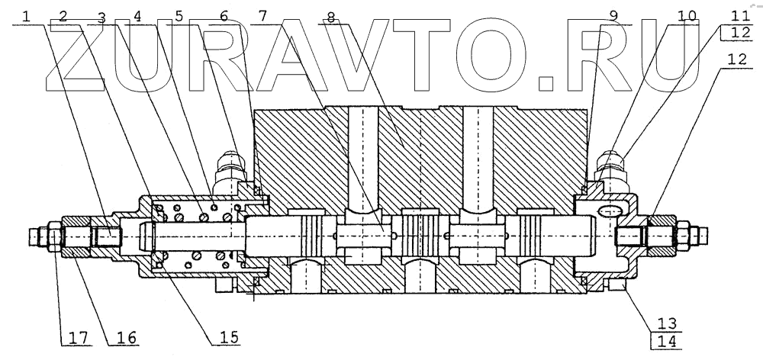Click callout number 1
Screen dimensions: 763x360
[28, 15]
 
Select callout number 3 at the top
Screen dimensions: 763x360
[101, 15]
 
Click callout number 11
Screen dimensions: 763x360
[737, 14]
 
